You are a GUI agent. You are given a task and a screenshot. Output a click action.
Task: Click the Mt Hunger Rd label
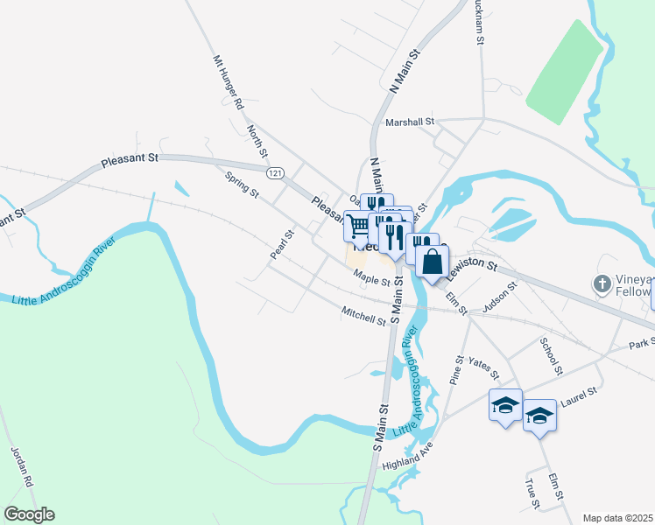229,82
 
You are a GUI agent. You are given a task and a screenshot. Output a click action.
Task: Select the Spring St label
242,183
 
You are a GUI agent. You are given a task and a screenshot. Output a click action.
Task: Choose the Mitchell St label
363,316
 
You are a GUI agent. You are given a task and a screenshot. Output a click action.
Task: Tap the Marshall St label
410,122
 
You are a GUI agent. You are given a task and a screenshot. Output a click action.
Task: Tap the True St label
531,492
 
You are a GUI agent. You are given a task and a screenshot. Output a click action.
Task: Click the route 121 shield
276,174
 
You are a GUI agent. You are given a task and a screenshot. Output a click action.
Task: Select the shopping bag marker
433,261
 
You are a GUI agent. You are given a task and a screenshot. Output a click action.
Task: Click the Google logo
29,514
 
